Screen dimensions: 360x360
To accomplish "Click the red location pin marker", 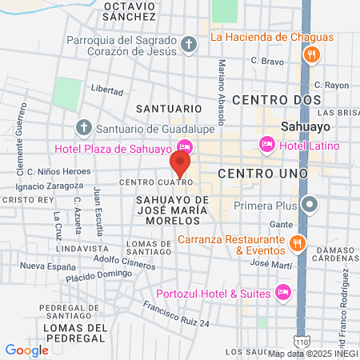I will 180,165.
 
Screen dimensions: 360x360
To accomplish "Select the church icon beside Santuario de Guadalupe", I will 83,127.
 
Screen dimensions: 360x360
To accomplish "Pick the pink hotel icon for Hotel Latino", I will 266,145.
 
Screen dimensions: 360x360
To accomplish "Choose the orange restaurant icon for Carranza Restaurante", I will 297,243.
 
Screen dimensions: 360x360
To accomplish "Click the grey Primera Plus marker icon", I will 312,206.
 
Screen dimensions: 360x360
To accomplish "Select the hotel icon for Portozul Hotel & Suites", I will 282,291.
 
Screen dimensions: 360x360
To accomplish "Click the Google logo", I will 26,350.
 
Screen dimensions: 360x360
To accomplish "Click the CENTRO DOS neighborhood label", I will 277,100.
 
